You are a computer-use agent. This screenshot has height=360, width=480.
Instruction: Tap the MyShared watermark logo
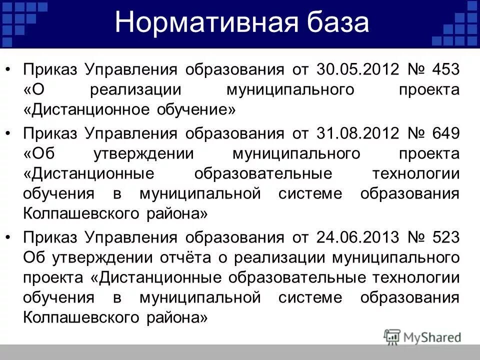point(422,337)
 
